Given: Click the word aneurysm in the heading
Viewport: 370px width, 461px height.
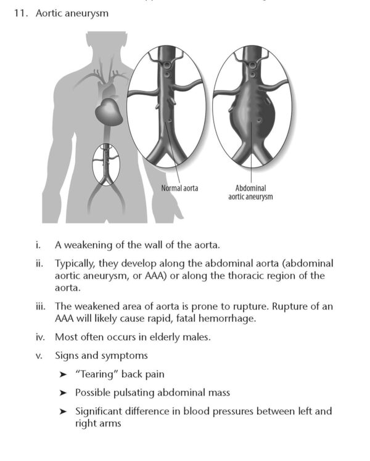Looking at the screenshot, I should [x=87, y=12].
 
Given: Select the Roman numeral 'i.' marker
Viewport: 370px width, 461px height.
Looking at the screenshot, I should [x=39, y=245].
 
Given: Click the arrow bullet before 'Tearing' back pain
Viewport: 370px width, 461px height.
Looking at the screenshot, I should [x=63, y=374].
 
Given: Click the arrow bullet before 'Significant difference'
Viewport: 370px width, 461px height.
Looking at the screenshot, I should [x=63, y=411].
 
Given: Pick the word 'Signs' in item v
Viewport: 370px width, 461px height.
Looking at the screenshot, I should [x=67, y=355].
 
